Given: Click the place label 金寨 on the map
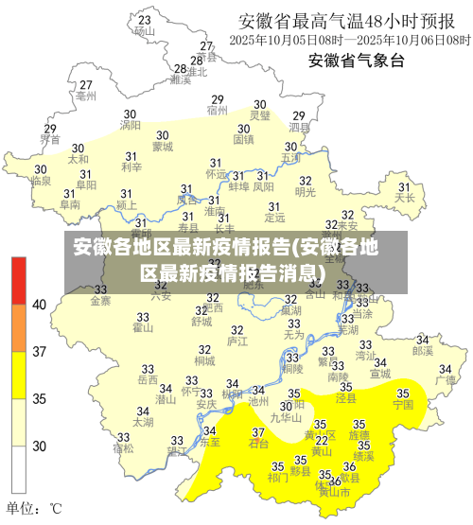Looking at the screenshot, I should click(x=100, y=302).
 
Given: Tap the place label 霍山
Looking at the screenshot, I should click(x=143, y=328).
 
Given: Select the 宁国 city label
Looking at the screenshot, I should click(x=403, y=404).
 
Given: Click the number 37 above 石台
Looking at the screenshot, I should click(x=257, y=431).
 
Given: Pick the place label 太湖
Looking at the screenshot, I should click(x=143, y=423).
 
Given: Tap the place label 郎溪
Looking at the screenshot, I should click(x=422, y=350).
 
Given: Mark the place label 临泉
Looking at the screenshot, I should click(x=41, y=180).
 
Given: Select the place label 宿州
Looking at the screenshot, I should click(x=218, y=111).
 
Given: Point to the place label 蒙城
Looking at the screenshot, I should click(x=163, y=147).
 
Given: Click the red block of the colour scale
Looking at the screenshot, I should click(x=19, y=279).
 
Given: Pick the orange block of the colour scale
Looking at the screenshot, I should click(x=19, y=327).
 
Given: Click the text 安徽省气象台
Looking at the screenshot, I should click(x=356, y=61).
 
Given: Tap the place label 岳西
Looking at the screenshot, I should click(x=148, y=380).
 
